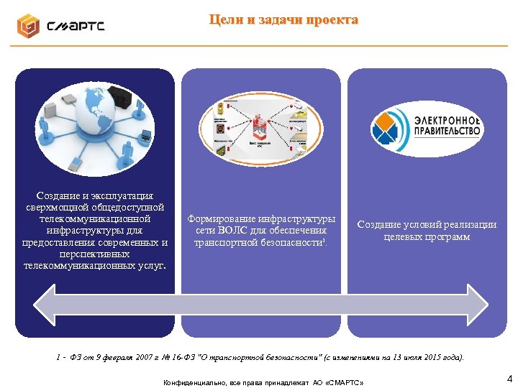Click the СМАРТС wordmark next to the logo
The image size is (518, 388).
[x=76, y=27]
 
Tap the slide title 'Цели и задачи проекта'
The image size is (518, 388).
[x=283, y=19]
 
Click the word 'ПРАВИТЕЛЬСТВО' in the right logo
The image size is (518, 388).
[x=447, y=131]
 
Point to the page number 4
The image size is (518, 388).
[x=509, y=378]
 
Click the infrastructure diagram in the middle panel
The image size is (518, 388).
[x=260, y=129]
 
